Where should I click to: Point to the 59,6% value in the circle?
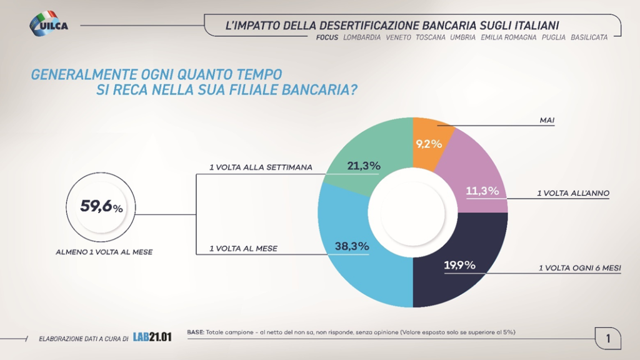(x=101, y=206)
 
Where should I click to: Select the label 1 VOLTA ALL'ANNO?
(x=573, y=194)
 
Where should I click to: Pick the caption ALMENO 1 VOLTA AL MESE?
(x=104, y=252)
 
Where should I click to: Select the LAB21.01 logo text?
(x=152, y=337)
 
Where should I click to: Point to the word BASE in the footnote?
(x=194, y=332)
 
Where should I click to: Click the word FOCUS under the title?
(x=327, y=37)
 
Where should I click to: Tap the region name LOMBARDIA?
(x=362, y=37)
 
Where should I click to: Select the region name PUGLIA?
(x=554, y=37)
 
